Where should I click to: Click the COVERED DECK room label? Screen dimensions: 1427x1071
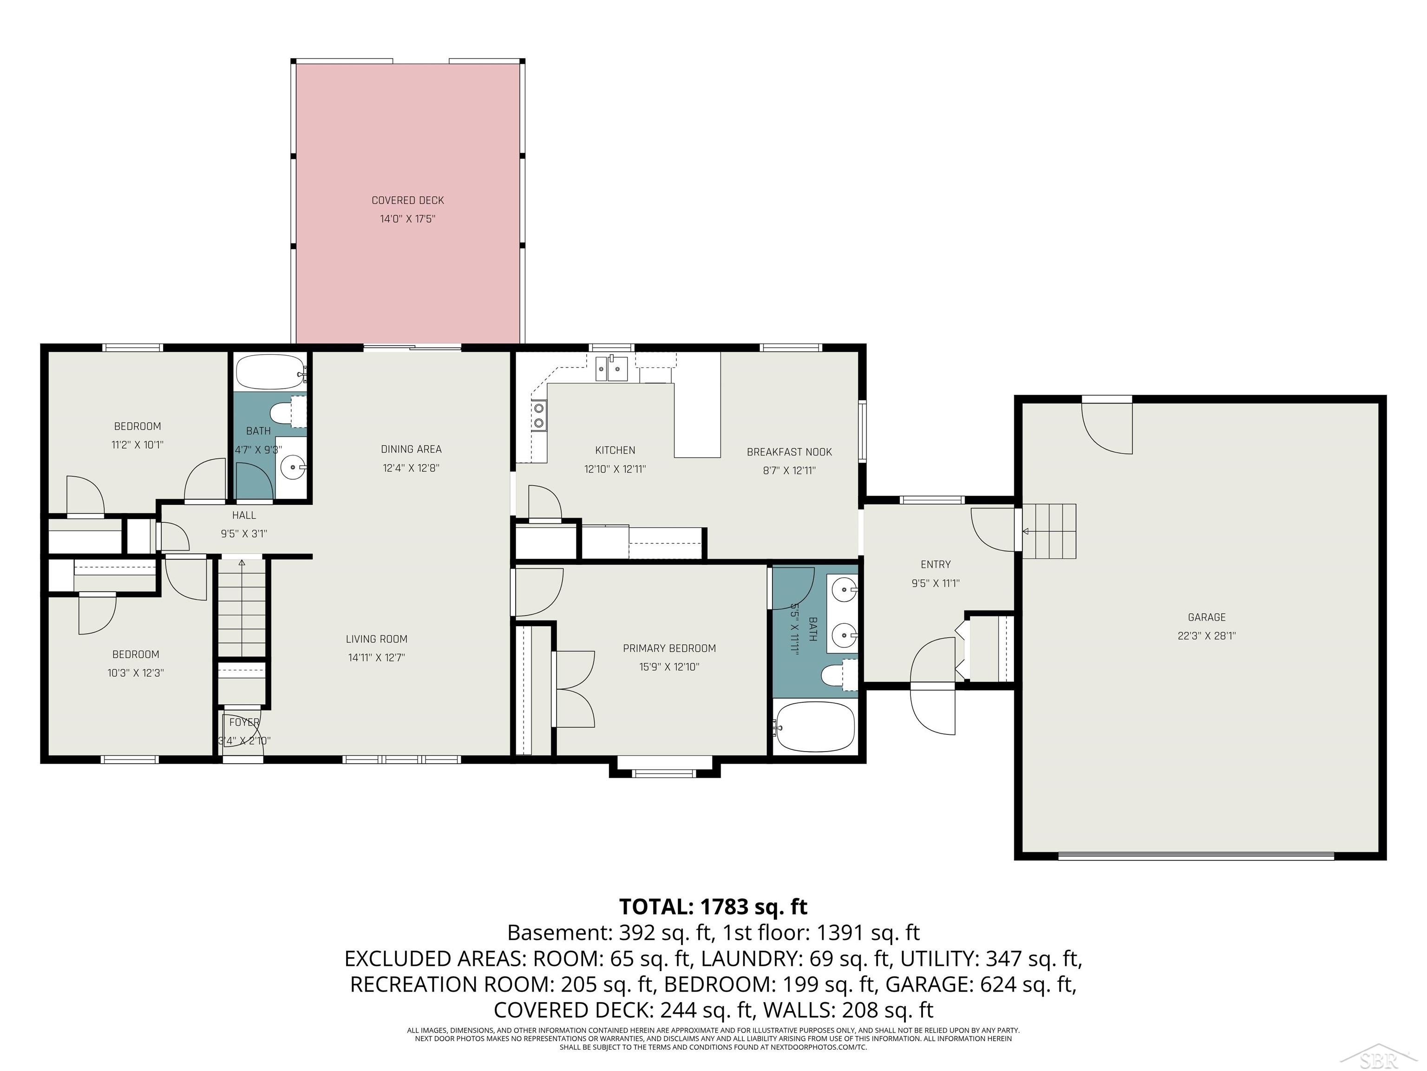pos(408,201)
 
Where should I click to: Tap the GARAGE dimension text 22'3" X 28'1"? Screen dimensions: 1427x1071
pos(1206,636)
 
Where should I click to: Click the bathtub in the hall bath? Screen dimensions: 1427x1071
pos(271,371)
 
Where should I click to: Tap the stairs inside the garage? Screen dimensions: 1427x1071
pos(1049,531)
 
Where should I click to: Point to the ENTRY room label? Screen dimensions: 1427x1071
pos(936,565)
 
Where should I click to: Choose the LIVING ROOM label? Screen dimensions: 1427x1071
pos(376,639)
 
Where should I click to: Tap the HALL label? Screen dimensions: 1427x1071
pos(244,515)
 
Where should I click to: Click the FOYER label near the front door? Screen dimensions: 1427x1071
pos(244,722)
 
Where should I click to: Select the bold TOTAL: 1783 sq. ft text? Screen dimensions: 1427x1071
pos(713,906)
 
